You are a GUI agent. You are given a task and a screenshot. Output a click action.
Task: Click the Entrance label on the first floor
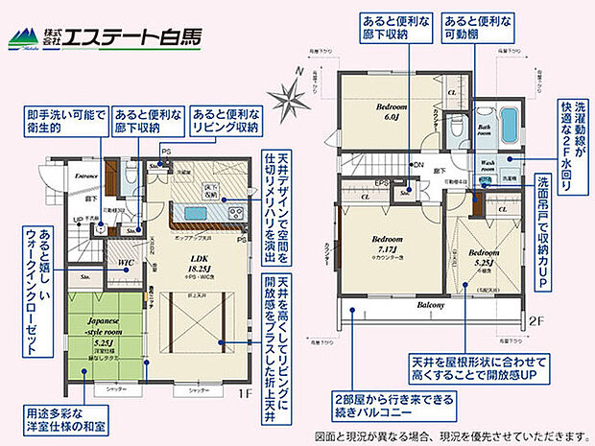pyautogui.click(x=87, y=176)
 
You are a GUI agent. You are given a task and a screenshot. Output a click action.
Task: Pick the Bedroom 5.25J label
pyautogui.click(x=484, y=258)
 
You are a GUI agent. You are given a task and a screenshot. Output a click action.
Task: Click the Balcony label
pyautogui.click(x=430, y=304)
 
